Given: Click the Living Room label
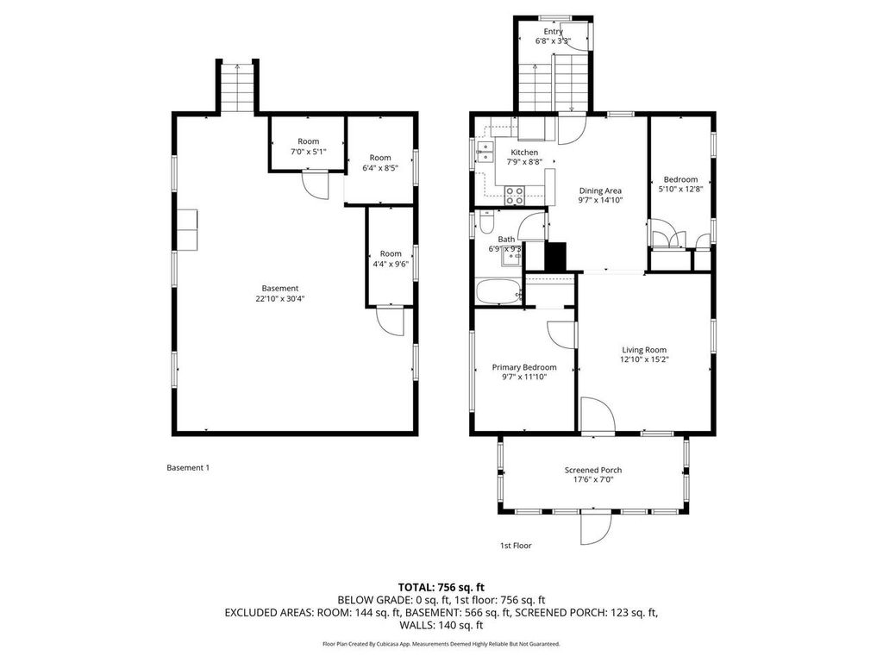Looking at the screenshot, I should click(x=644, y=350).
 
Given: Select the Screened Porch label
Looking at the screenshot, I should click(x=593, y=470).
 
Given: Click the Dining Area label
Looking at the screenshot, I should click(x=599, y=190).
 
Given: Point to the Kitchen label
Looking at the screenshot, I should click(x=524, y=153).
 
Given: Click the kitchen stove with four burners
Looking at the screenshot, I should click(x=515, y=196).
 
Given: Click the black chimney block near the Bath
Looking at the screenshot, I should click(x=555, y=257).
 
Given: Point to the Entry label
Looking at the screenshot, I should click(x=553, y=32).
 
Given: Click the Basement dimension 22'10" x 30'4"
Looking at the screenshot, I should click(x=280, y=298).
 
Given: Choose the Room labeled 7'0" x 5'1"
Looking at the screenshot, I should click(x=308, y=152).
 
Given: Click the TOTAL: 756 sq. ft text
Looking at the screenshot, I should click(x=441, y=586).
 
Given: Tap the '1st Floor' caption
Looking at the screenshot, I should click(x=517, y=545).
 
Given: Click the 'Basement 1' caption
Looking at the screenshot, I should click(x=188, y=467).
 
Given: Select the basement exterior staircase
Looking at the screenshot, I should click(x=235, y=88).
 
